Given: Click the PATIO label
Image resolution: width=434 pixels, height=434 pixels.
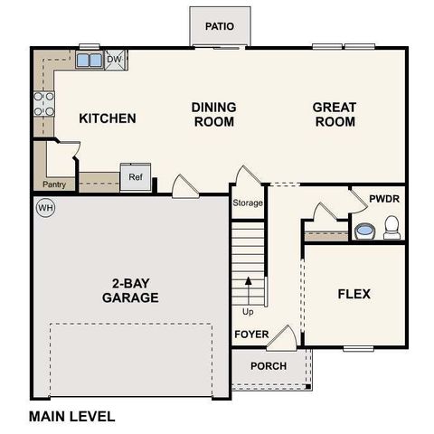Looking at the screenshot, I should click(x=220, y=26).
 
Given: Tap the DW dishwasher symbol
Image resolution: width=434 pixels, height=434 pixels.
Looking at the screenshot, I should click(x=115, y=61).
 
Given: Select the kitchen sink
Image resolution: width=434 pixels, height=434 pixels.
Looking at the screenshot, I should click(x=90, y=61).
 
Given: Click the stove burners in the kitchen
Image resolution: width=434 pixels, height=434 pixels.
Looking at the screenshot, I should click(x=42, y=104).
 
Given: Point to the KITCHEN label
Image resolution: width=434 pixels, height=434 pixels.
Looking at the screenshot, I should click(x=108, y=118).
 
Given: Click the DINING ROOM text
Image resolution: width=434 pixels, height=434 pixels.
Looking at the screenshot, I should click(x=214, y=115).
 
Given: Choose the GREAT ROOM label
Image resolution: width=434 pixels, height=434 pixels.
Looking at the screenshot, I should click(x=334, y=115).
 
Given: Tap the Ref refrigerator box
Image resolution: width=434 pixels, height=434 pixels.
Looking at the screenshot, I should click(x=135, y=177).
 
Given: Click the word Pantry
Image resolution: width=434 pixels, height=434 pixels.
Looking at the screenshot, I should click(x=53, y=185).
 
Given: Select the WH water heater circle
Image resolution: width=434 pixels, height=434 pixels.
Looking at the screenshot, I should click(x=44, y=208).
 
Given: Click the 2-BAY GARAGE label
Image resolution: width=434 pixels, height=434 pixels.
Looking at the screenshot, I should click(x=130, y=290).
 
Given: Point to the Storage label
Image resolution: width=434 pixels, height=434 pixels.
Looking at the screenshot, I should click(x=248, y=203).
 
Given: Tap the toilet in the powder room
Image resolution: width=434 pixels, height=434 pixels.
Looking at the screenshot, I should click(x=392, y=227).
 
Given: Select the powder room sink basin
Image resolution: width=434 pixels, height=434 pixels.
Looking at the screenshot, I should click(x=363, y=231).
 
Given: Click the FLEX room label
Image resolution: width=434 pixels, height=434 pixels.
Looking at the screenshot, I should click(x=354, y=294).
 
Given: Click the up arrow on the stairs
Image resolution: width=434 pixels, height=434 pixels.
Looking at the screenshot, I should click(x=248, y=291).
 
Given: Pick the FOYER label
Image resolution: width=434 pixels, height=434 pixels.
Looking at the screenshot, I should click(x=251, y=335).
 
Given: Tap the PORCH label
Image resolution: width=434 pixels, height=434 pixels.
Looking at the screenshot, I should click(x=269, y=366).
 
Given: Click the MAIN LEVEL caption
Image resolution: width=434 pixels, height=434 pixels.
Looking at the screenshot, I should click(x=71, y=417).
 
